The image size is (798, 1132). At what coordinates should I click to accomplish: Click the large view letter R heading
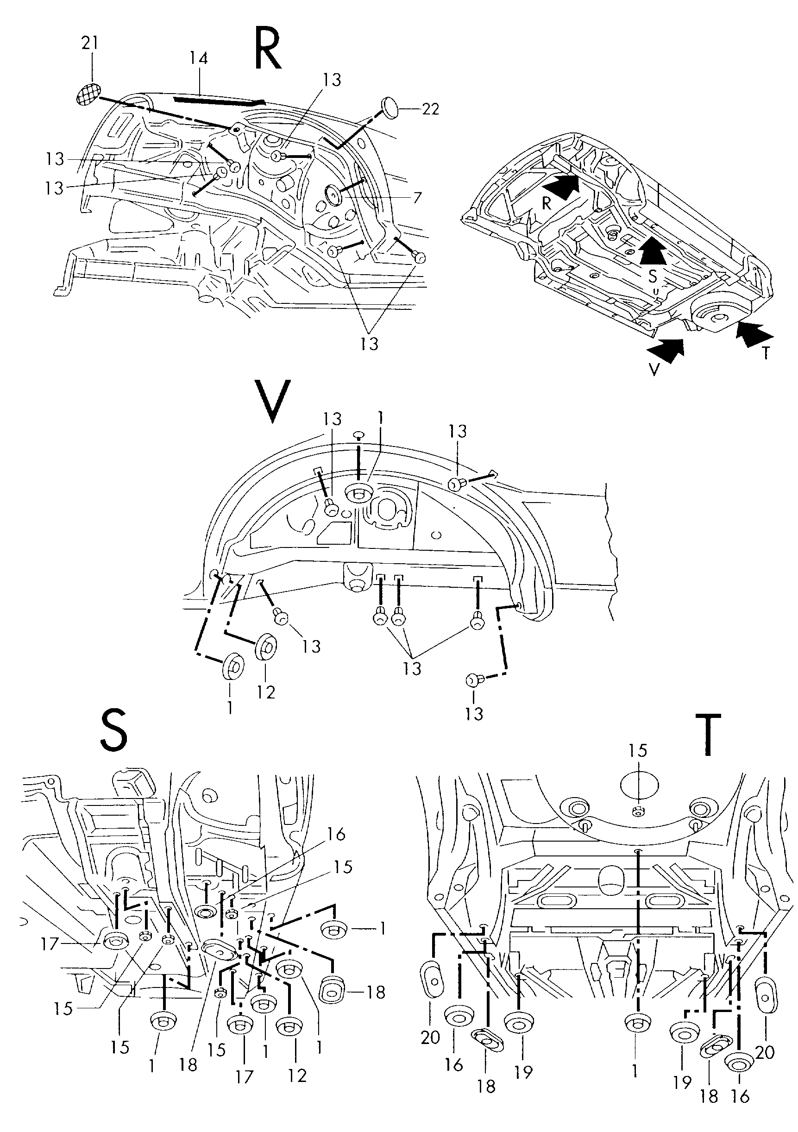(269, 48)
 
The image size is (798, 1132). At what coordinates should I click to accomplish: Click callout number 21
(89, 44)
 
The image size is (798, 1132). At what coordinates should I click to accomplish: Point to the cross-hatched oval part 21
(89, 94)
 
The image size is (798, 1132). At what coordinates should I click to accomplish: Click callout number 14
(199, 59)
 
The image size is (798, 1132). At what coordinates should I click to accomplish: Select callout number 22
(430, 108)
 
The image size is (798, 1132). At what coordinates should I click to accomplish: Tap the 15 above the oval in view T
(637, 751)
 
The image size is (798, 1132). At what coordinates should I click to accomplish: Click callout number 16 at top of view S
(336, 835)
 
